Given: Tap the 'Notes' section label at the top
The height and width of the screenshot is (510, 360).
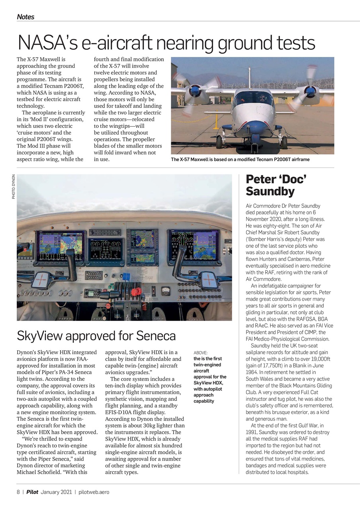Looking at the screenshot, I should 25,17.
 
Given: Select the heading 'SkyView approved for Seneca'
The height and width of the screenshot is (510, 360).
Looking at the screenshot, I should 96,336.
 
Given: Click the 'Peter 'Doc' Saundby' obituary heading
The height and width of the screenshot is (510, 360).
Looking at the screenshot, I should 276,185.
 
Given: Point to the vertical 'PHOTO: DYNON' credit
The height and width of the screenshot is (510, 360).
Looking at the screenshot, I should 14,186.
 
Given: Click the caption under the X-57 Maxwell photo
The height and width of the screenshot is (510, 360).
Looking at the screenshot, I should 240,159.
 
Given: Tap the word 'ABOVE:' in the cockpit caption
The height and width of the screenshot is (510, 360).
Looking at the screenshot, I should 200,353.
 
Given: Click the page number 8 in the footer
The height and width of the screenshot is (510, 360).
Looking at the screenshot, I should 18,492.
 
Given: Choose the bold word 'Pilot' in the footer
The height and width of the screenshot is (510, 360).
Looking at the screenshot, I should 32,492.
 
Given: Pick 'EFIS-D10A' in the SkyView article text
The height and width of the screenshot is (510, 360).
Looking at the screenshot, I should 119,412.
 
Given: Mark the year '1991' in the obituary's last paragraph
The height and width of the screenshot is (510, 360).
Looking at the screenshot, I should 252,432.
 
